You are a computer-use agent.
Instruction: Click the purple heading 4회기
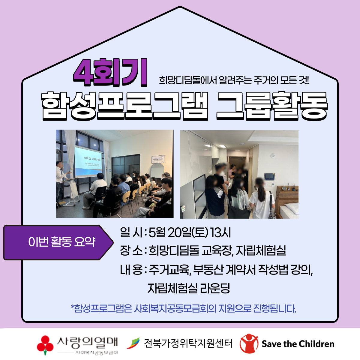[x=110, y=73]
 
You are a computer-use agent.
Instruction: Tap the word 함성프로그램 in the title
[x=124, y=106]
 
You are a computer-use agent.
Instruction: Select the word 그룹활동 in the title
[x=272, y=106]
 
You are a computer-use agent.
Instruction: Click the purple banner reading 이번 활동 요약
[x=58, y=242]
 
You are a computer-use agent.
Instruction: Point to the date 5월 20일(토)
[x=178, y=233]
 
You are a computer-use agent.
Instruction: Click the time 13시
[x=220, y=233]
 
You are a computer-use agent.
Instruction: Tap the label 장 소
[x=131, y=251]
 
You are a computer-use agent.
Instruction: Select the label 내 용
[x=131, y=270]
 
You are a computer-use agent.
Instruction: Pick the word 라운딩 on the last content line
[x=215, y=288]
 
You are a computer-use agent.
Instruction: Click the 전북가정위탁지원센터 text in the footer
[x=188, y=343]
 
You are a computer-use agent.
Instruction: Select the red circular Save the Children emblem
[x=249, y=343]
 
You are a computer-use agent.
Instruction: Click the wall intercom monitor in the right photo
[x=269, y=176]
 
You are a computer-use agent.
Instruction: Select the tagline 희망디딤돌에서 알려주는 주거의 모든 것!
[x=234, y=80]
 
